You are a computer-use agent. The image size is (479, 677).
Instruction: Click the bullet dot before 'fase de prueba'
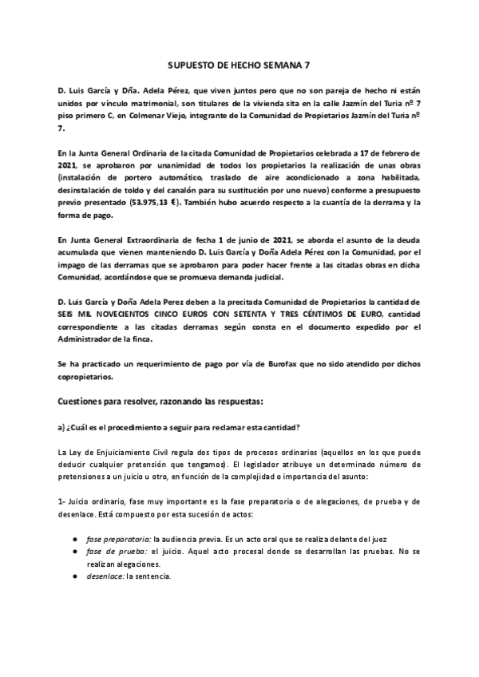point(74,552)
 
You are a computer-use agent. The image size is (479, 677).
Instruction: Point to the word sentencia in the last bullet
point(152,576)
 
